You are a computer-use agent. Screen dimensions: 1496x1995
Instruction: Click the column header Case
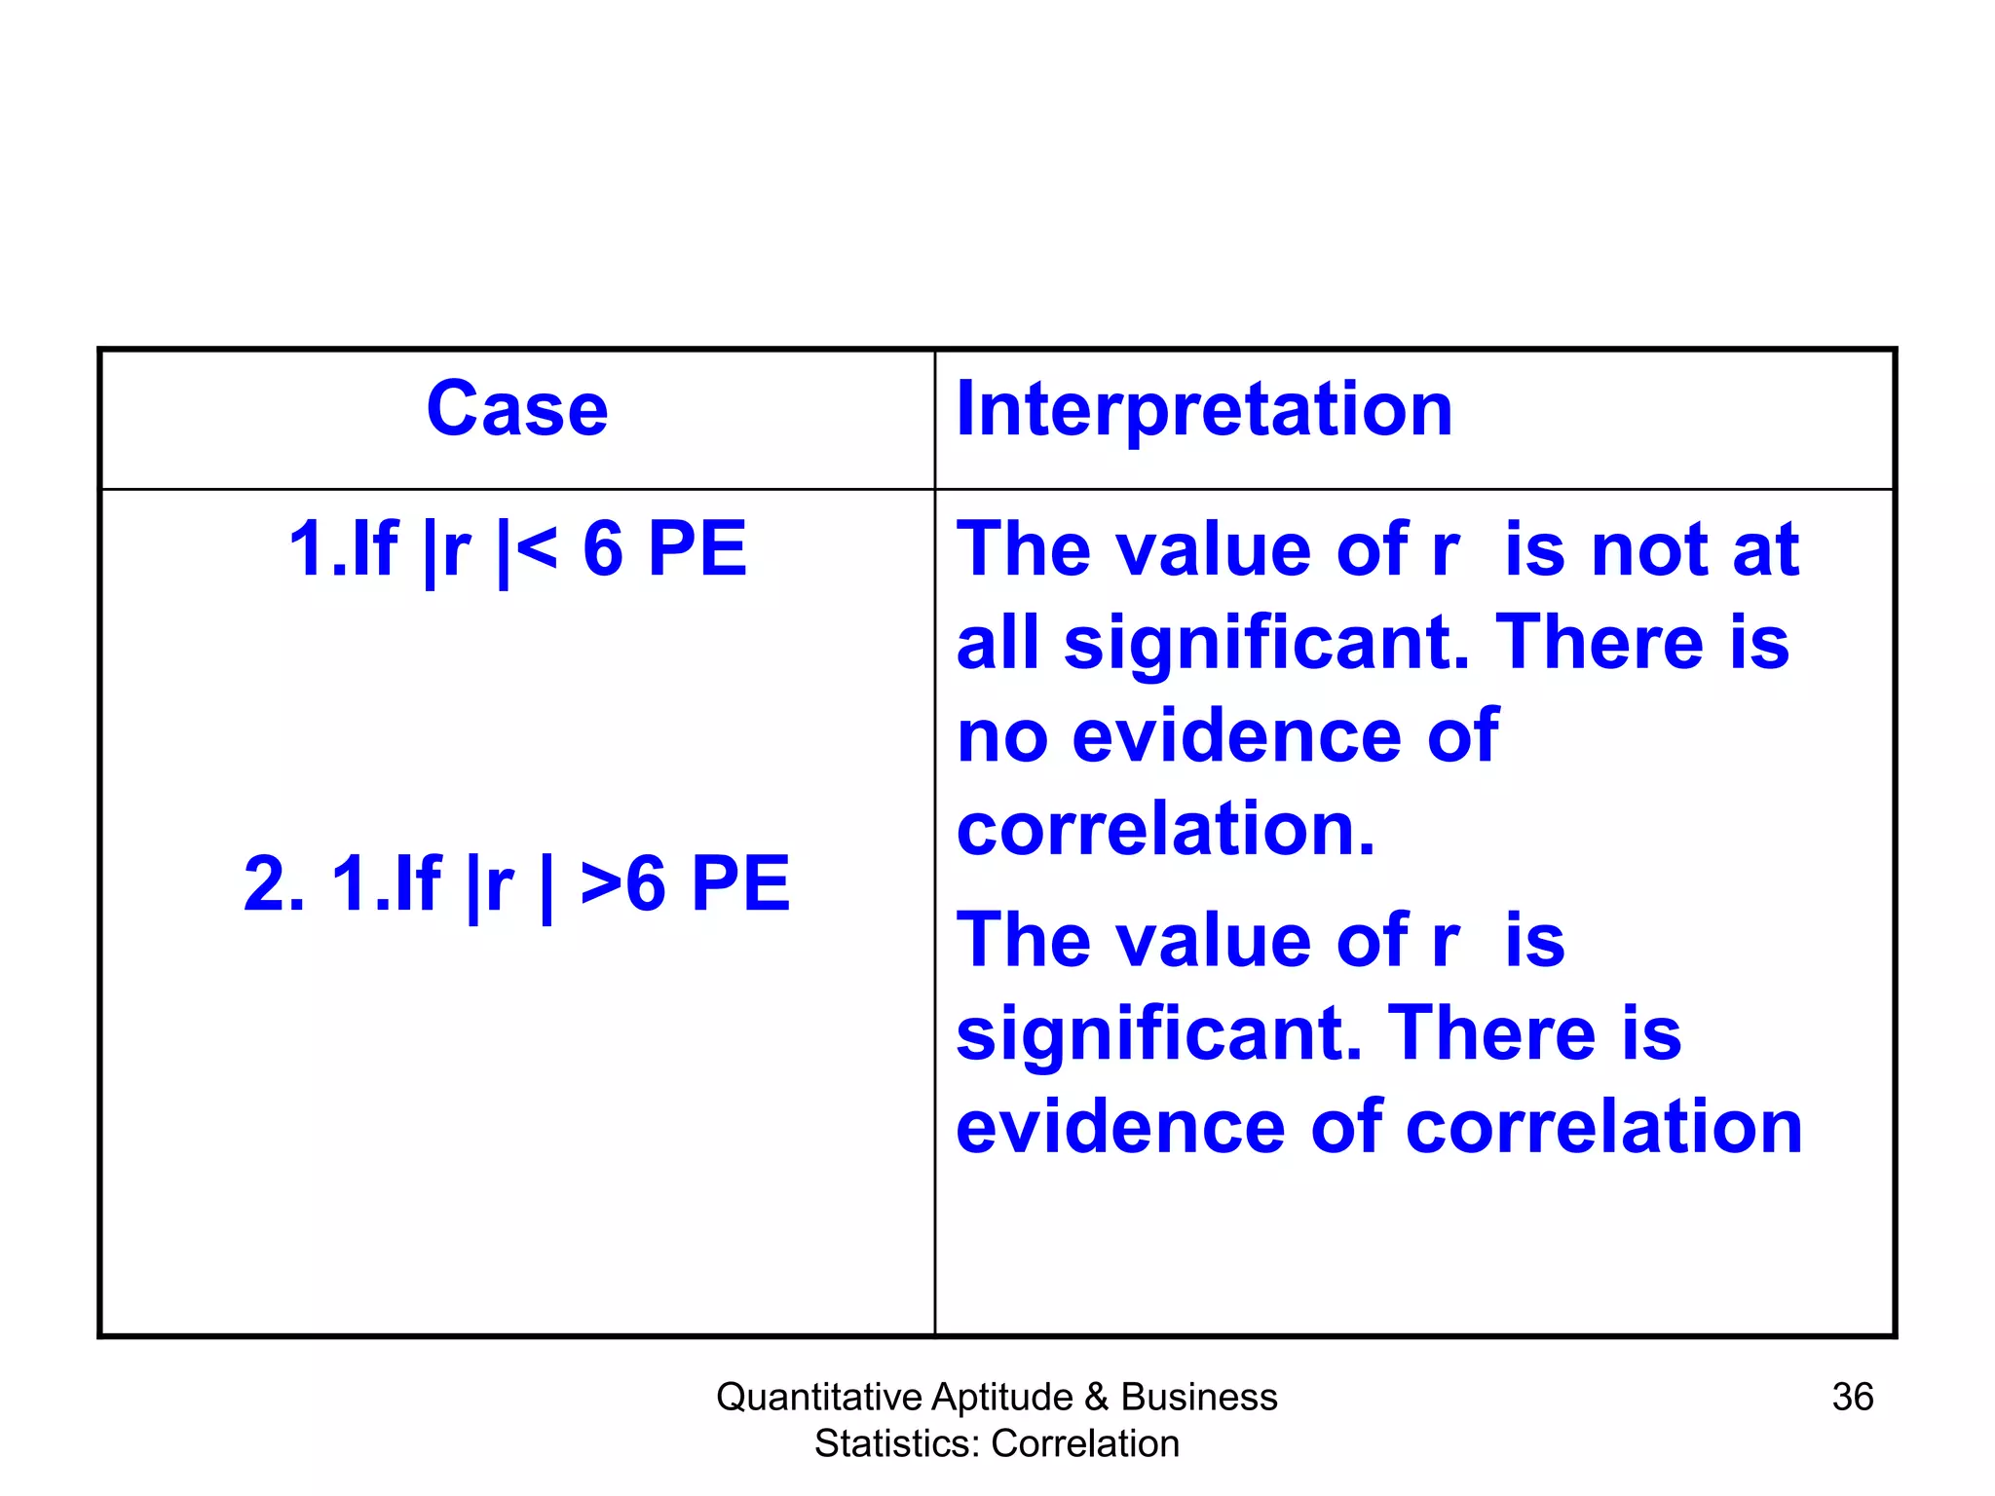click(517, 409)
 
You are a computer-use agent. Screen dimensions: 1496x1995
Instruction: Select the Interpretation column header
click(1204, 409)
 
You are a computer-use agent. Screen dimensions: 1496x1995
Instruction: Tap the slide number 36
click(1852, 1397)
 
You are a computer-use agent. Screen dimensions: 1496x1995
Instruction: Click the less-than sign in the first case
click(537, 548)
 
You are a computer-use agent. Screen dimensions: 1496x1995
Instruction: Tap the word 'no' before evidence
click(1002, 737)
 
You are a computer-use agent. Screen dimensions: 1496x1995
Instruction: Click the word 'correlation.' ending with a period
click(1166, 830)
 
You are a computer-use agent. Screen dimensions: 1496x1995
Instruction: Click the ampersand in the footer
click(1097, 1397)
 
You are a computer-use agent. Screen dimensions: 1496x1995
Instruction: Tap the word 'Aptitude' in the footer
click(1002, 1397)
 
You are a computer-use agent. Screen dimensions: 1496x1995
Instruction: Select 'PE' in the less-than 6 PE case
click(696, 549)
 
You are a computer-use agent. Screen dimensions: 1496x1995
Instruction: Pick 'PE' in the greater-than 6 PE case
click(740, 883)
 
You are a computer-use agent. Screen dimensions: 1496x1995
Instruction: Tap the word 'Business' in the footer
click(1199, 1397)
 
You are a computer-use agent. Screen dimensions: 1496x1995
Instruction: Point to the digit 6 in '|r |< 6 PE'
click(603, 549)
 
